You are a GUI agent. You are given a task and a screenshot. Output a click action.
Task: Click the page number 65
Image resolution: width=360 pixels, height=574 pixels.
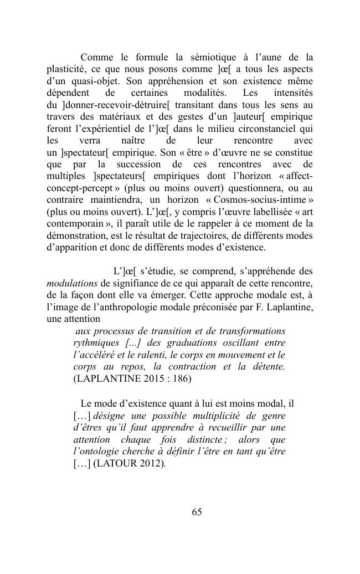click(x=197, y=512)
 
